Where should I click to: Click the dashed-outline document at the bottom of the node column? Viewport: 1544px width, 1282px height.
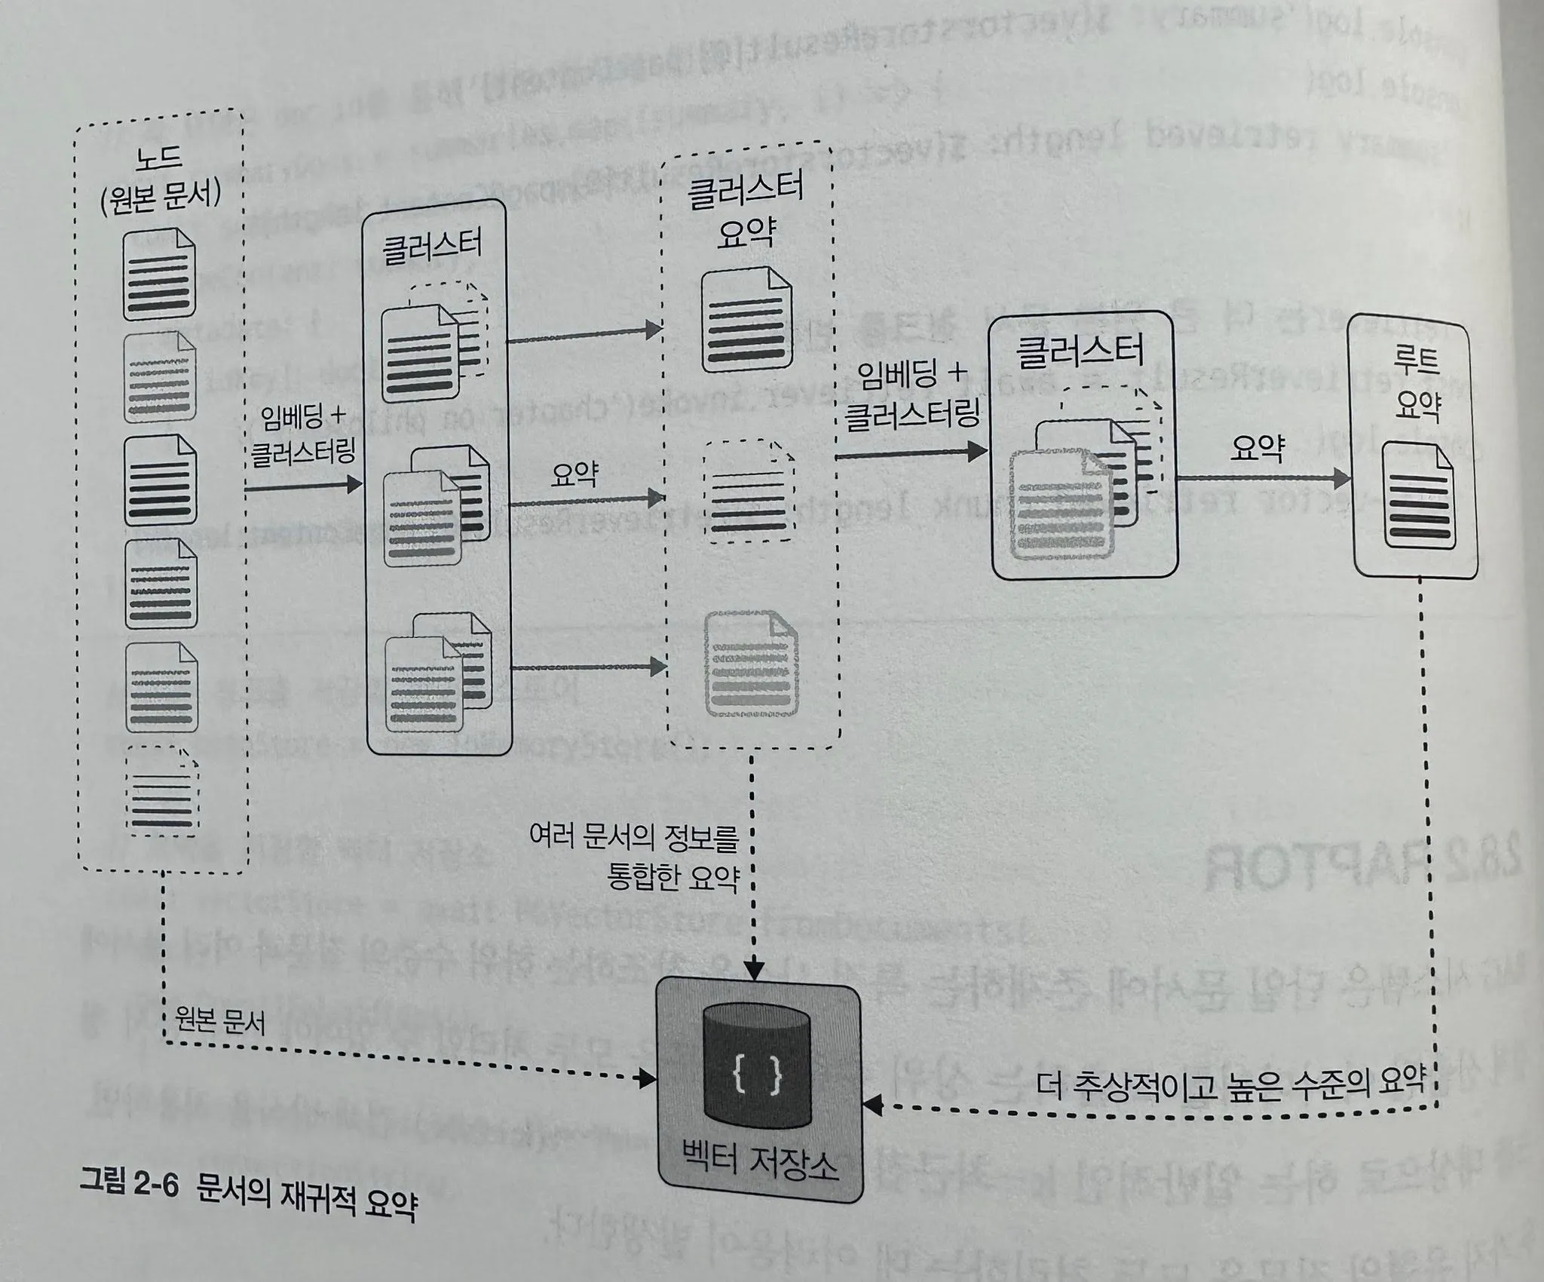coord(160,790)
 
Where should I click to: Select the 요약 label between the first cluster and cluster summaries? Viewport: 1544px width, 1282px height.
coord(574,474)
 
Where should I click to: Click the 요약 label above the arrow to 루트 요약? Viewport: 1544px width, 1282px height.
coord(1257,448)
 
